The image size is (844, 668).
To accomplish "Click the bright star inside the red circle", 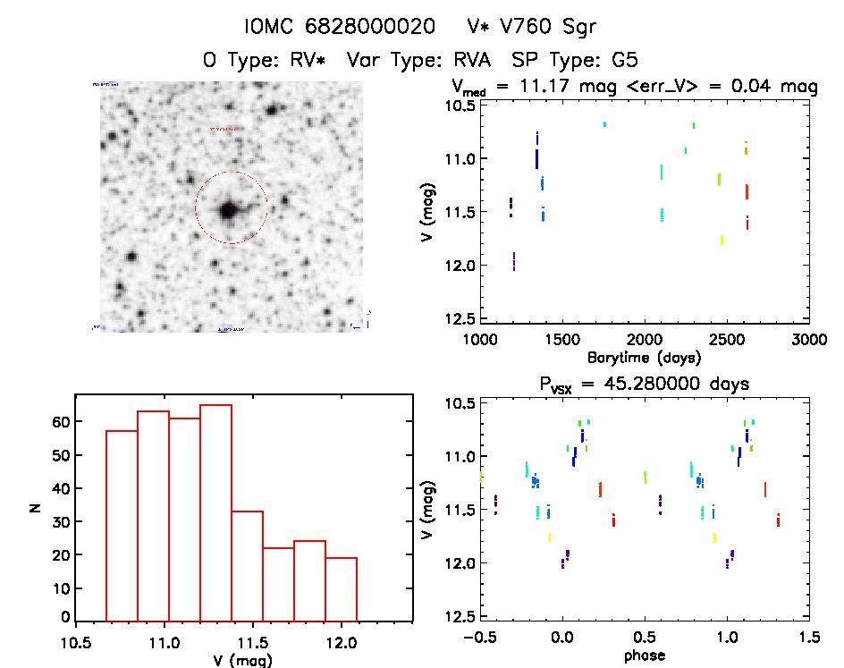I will pyautogui.click(x=228, y=210).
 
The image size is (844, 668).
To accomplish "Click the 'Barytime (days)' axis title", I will pyautogui.click(x=643, y=358).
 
